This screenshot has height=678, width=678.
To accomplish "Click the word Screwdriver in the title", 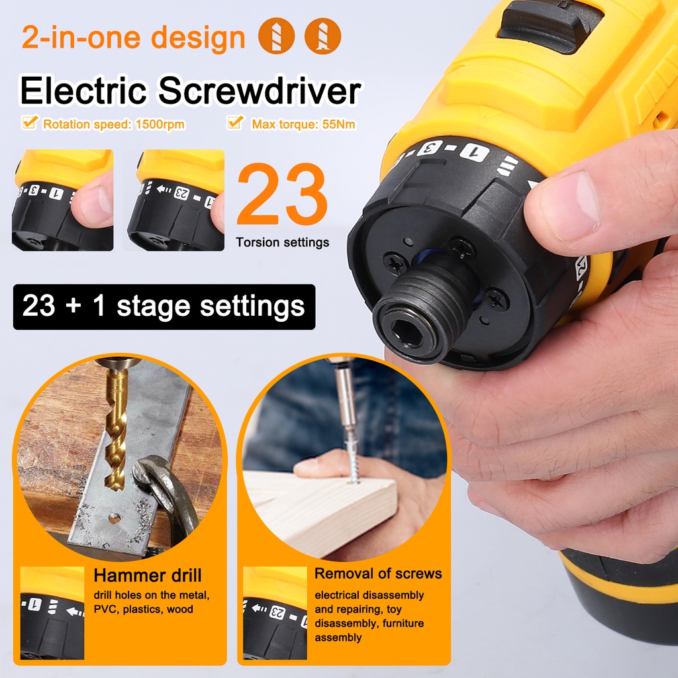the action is point(259,90).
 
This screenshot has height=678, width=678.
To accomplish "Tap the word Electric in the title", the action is point(83,90).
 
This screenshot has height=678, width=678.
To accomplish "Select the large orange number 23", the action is point(281,194).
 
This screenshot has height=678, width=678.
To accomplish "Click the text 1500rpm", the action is point(160,124).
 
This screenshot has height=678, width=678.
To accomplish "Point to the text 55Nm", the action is point(338,124).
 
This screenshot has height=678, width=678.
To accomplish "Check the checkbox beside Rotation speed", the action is point(29,122).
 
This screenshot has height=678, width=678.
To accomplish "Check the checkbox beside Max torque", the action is point(235,122).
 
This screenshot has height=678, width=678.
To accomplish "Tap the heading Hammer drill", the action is point(148,575).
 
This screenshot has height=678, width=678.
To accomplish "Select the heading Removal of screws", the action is point(378,573).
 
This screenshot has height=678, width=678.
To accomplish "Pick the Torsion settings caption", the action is point(282,242).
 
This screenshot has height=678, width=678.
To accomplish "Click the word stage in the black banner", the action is point(154,307).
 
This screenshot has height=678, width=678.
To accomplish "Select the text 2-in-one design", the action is point(133,37).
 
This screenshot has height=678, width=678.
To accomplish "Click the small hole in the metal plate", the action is point(114,517).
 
